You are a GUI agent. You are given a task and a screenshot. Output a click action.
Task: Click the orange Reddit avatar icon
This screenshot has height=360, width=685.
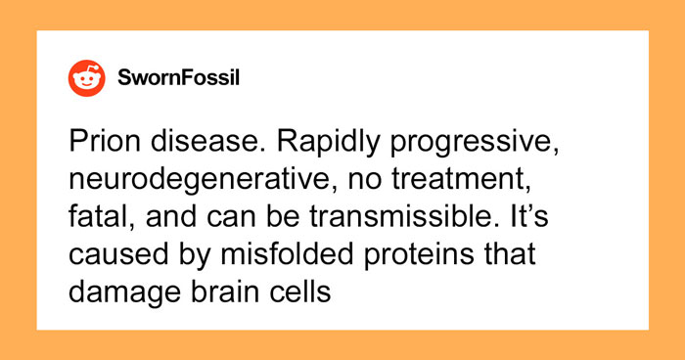pyautogui.click(x=87, y=77)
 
